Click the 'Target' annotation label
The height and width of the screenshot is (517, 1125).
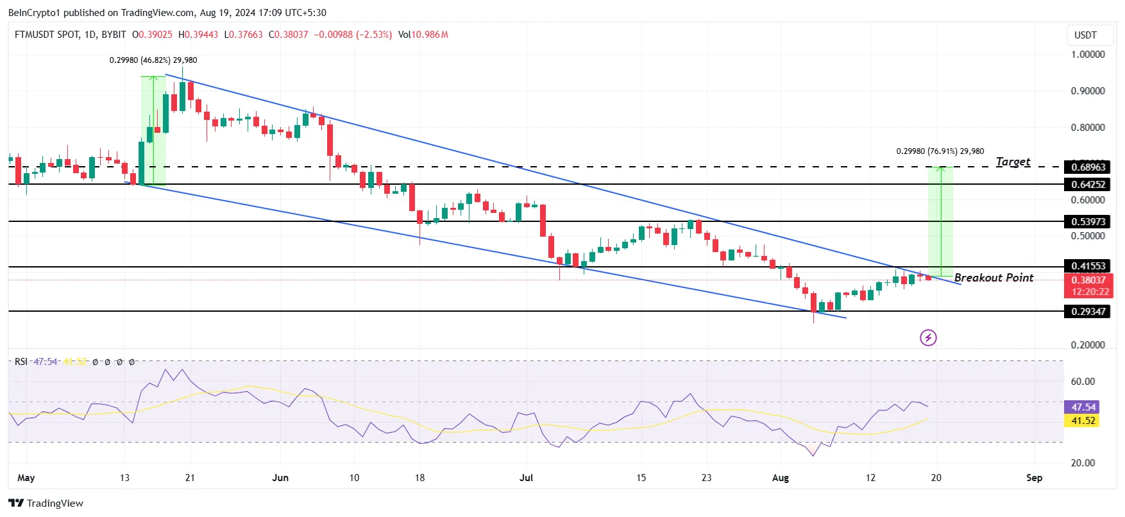pyautogui.click(x=1013, y=162)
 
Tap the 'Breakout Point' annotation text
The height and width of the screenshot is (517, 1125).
pyautogui.click(x=994, y=278)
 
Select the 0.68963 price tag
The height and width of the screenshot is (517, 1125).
pyautogui.click(x=1088, y=167)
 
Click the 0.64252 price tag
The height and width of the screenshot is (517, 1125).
pyautogui.click(x=1088, y=185)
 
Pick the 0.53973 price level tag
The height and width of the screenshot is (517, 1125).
pyautogui.click(x=1088, y=222)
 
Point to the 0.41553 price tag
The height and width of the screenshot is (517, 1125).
pyautogui.click(x=1088, y=266)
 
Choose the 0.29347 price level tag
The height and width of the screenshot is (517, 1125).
pyautogui.click(x=1088, y=312)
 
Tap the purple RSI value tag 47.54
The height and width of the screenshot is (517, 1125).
pyautogui.click(x=1083, y=407)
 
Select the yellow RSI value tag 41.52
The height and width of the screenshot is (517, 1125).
pyautogui.click(x=1083, y=421)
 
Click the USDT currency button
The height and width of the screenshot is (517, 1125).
pyautogui.click(x=1085, y=35)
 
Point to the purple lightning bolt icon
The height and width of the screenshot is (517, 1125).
pyautogui.click(x=928, y=337)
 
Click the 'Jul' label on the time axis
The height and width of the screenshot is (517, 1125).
pyautogui.click(x=526, y=478)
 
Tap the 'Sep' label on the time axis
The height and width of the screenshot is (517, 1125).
pyautogui.click(x=1034, y=478)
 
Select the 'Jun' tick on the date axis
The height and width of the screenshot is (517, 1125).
pyautogui.click(x=280, y=478)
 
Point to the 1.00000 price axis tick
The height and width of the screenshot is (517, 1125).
pyautogui.click(x=1088, y=55)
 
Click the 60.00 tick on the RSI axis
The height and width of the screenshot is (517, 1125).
pyautogui.click(x=1083, y=382)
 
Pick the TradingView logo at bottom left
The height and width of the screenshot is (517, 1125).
pyautogui.click(x=46, y=503)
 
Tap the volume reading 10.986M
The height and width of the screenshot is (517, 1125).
pyautogui.click(x=429, y=35)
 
